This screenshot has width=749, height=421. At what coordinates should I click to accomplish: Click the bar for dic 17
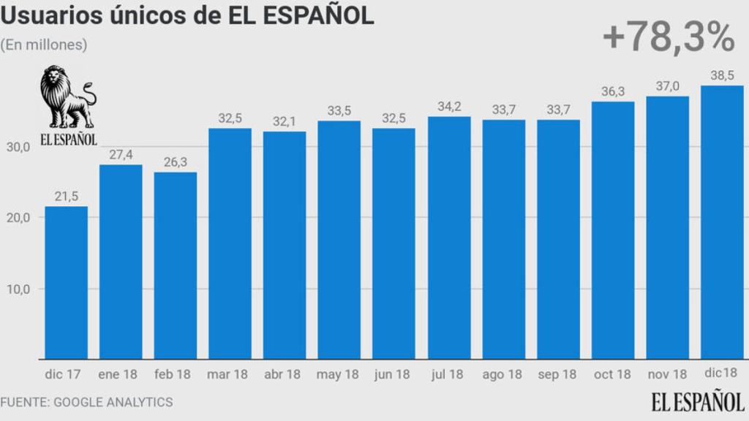pos(66,283)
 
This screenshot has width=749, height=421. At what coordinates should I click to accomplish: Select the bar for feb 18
pos(176,265)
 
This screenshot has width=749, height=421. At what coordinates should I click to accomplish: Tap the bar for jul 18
pos(449,238)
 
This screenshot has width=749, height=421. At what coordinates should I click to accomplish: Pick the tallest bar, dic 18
pos(722,222)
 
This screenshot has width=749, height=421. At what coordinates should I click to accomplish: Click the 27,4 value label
pos(121,155)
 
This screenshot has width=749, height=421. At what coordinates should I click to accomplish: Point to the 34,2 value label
pos(449,107)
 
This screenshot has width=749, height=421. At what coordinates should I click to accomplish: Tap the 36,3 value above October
pos(613,92)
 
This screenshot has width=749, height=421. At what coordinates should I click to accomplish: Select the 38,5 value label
pos(722,75)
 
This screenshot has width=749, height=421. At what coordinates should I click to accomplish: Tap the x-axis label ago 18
pos(503,374)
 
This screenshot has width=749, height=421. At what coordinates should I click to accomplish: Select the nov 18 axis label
pos(667,374)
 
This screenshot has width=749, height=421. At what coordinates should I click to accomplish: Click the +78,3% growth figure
pos(668,38)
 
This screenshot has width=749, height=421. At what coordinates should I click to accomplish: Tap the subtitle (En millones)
pos(44,45)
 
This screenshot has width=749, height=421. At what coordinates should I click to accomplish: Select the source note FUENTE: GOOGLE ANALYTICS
pos(86,402)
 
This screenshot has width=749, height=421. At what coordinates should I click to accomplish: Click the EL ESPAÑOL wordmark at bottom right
pos(698,401)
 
